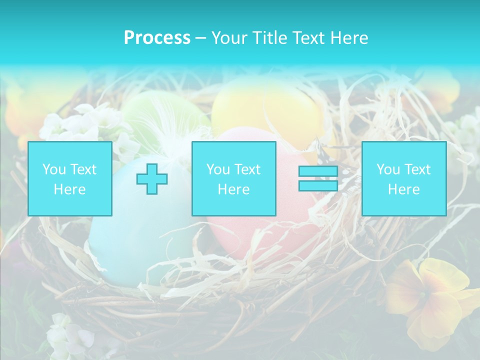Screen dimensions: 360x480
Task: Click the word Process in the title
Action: (157, 37)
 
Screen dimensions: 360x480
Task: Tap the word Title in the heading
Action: (268, 37)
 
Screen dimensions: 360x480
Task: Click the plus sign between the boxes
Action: (152, 179)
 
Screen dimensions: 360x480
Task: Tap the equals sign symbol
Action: (318, 179)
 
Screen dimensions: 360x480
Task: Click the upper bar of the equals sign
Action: (318, 172)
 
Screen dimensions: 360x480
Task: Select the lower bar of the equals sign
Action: (318, 185)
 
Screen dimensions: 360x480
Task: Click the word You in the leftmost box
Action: (53, 169)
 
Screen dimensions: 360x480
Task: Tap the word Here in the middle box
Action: (233, 189)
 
